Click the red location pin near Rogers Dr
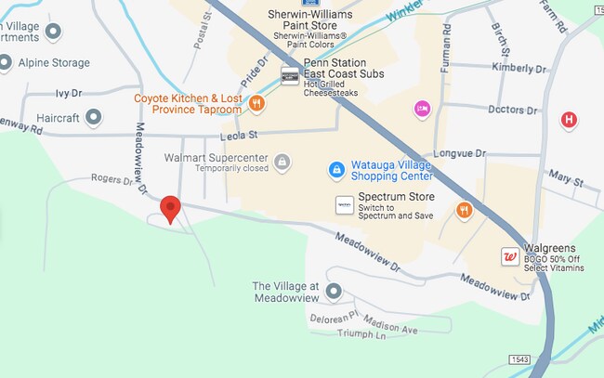pyautogui.click(x=170, y=208)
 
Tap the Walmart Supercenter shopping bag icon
pyautogui.click(x=283, y=163)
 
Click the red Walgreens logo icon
pyautogui.click(x=509, y=256)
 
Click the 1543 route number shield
pyautogui.click(x=520, y=358)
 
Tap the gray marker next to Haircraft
pyautogui.click(x=93, y=117)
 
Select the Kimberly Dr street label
pyautogui.click(x=539, y=69)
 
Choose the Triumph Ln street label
pyautogui.click(x=361, y=335)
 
